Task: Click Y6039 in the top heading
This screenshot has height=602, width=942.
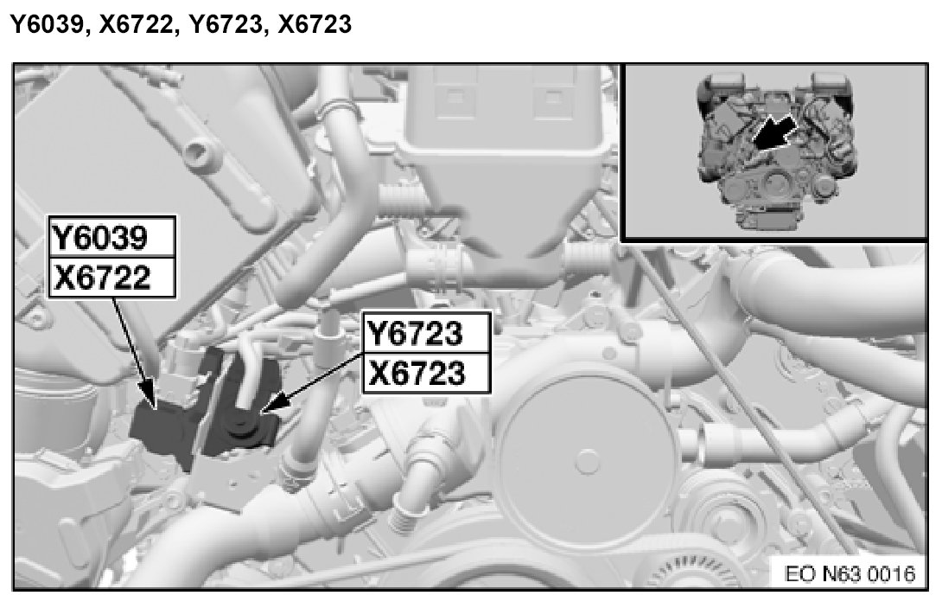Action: (47, 25)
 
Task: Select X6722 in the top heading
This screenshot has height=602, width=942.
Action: (135, 25)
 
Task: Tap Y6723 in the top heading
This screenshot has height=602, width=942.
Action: (225, 25)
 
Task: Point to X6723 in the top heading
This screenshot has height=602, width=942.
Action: (315, 25)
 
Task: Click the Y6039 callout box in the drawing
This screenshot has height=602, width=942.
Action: (112, 237)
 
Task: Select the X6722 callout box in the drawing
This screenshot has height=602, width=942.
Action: (112, 278)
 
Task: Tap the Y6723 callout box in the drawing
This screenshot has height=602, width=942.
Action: (427, 333)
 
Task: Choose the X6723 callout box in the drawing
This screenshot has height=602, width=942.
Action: (427, 374)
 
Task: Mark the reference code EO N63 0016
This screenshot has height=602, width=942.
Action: (850, 573)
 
